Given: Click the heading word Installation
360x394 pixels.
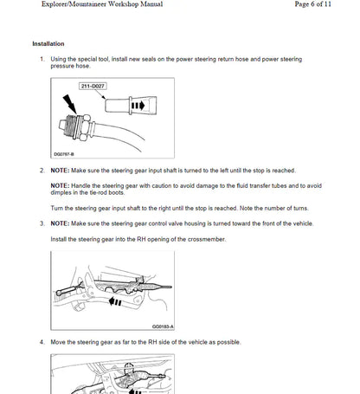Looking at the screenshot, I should tap(48, 43).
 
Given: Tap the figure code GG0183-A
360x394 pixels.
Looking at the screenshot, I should tap(162, 326).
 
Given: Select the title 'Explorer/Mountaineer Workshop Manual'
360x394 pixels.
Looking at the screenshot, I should tap(89, 5).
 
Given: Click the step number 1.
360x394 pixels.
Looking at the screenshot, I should tap(42, 59).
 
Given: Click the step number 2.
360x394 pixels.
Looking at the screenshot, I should tap(42, 171).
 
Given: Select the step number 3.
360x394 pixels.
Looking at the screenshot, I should tap(42, 223).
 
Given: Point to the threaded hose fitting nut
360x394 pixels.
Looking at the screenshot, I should tap(80, 124).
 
